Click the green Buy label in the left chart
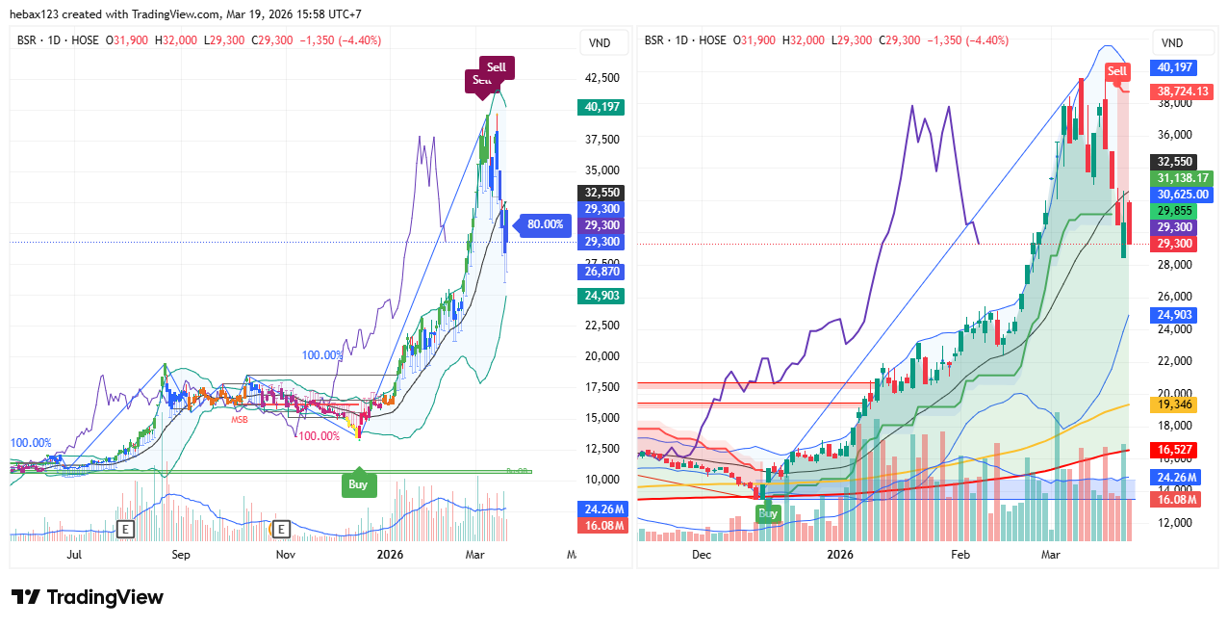pyautogui.click(x=358, y=484)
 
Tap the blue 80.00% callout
pyautogui.click(x=545, y=224)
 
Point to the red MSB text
pyautogui.click(x=239, y=420)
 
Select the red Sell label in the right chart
pyautogui.click(x=1117, y=71)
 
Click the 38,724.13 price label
pyautogui.click(x=1183, y=91)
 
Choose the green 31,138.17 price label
pyautogui.click(x=1183, y=178)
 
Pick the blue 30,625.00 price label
pyautogui.click(x=1182, y=194)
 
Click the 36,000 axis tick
pyautogui.click(x=1174, y=135)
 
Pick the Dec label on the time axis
pyautogui.click(x=701, y=555)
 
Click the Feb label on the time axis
pyautogui.click(x=959, y=555)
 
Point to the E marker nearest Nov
pyautogui.click(x=281, y=529)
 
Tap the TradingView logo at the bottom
pyautogui.click(x=88, y=597)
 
